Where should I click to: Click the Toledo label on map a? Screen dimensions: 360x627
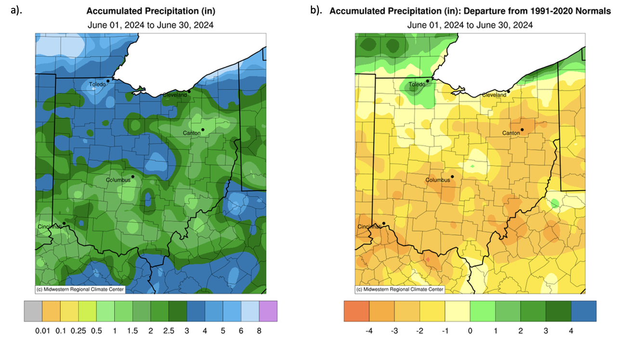click(x=97, y=85)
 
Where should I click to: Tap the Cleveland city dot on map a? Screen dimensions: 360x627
click(x=189, y=91)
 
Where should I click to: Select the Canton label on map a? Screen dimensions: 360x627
click(x=191, y=133)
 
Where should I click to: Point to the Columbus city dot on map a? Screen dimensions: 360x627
click(x=132, y=176)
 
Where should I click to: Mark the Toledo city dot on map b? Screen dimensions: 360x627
click(x=428, y=81)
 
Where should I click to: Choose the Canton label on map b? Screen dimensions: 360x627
click(x=511, y=133)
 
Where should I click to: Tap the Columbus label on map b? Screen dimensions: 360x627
click(x=438, y=180)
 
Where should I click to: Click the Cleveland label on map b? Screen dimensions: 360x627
click(x=495, y=95)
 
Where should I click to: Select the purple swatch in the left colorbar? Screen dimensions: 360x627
click(x=268, y=311)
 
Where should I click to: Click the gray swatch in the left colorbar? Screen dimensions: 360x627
click(x=33, y=311)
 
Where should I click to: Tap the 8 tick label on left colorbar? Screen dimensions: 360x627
click(x=259, y=332)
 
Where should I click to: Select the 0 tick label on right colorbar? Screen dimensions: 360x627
click(x=470, y=332)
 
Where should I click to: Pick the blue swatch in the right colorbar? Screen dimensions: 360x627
click(x=584, y=311)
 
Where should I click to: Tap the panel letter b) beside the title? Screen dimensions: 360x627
click(x=316, y=10)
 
